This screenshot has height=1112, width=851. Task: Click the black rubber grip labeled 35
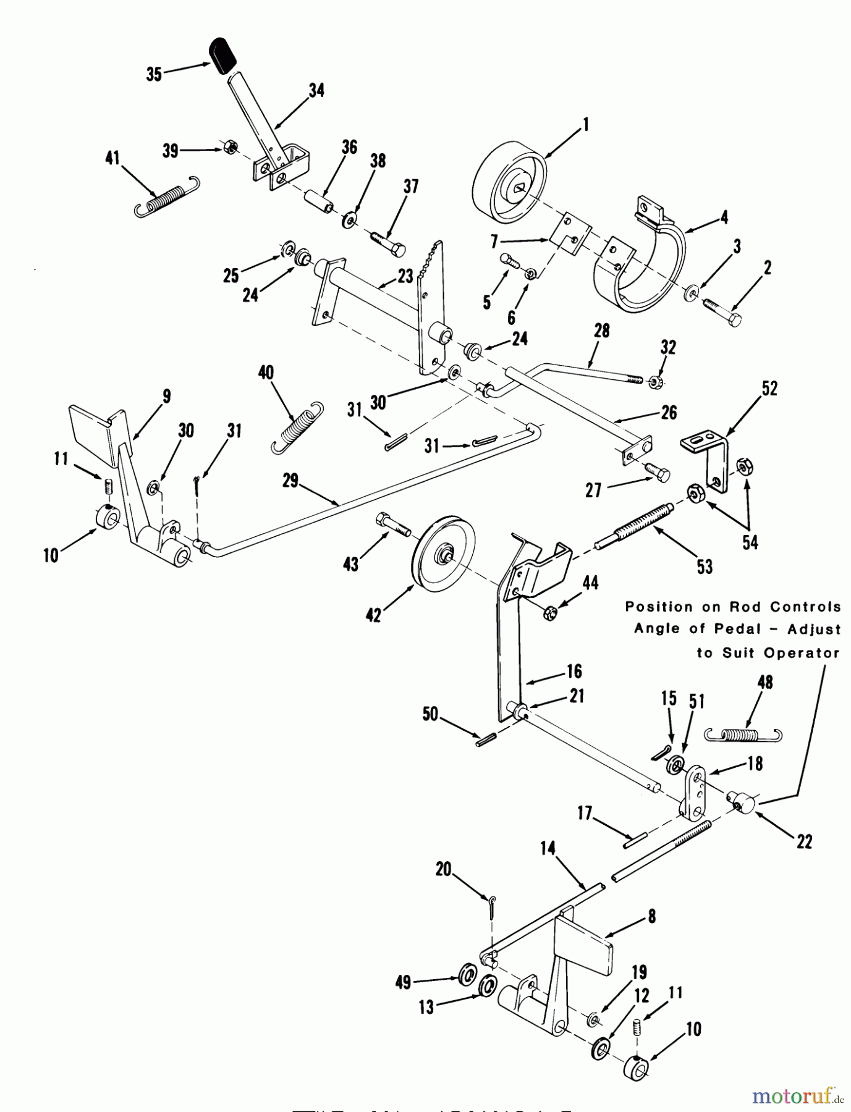[x=223, y=54]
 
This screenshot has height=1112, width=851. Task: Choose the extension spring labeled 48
[x=744, y=734]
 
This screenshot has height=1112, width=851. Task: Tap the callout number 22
[x=804, y=841]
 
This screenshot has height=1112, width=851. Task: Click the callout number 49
[x=403, y=982]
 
